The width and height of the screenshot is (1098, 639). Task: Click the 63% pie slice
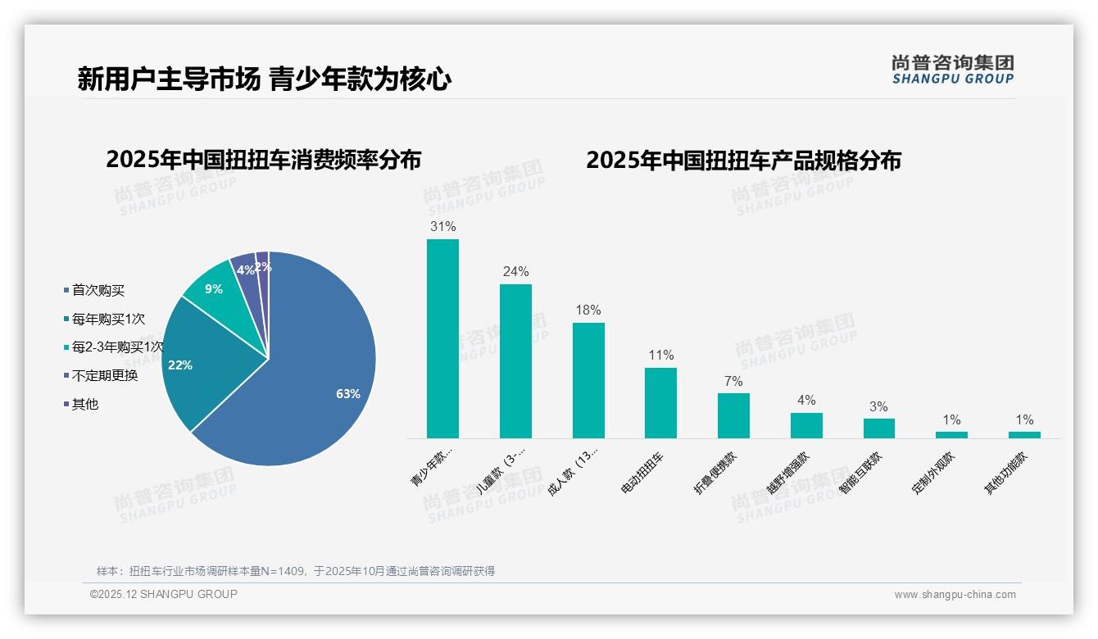pos(320,385)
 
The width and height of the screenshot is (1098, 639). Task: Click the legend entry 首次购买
pos(98,291)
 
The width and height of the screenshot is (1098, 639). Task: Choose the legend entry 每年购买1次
pos(107,319)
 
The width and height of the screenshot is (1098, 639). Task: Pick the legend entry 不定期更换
pos(104,376)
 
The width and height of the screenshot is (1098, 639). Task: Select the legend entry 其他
pos(84,405)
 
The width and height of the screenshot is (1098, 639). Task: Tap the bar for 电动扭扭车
pos(660,402)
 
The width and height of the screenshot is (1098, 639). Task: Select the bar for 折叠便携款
pos(733,415)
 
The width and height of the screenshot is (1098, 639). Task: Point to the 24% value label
pos(515,272)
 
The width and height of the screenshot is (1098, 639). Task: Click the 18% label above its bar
pos(588,310)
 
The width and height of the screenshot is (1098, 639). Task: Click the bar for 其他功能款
pos(1024,434)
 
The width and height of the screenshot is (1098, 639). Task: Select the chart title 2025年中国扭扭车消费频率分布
pos(263,160)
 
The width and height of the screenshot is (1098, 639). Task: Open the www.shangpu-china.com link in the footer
pos(955,595)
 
